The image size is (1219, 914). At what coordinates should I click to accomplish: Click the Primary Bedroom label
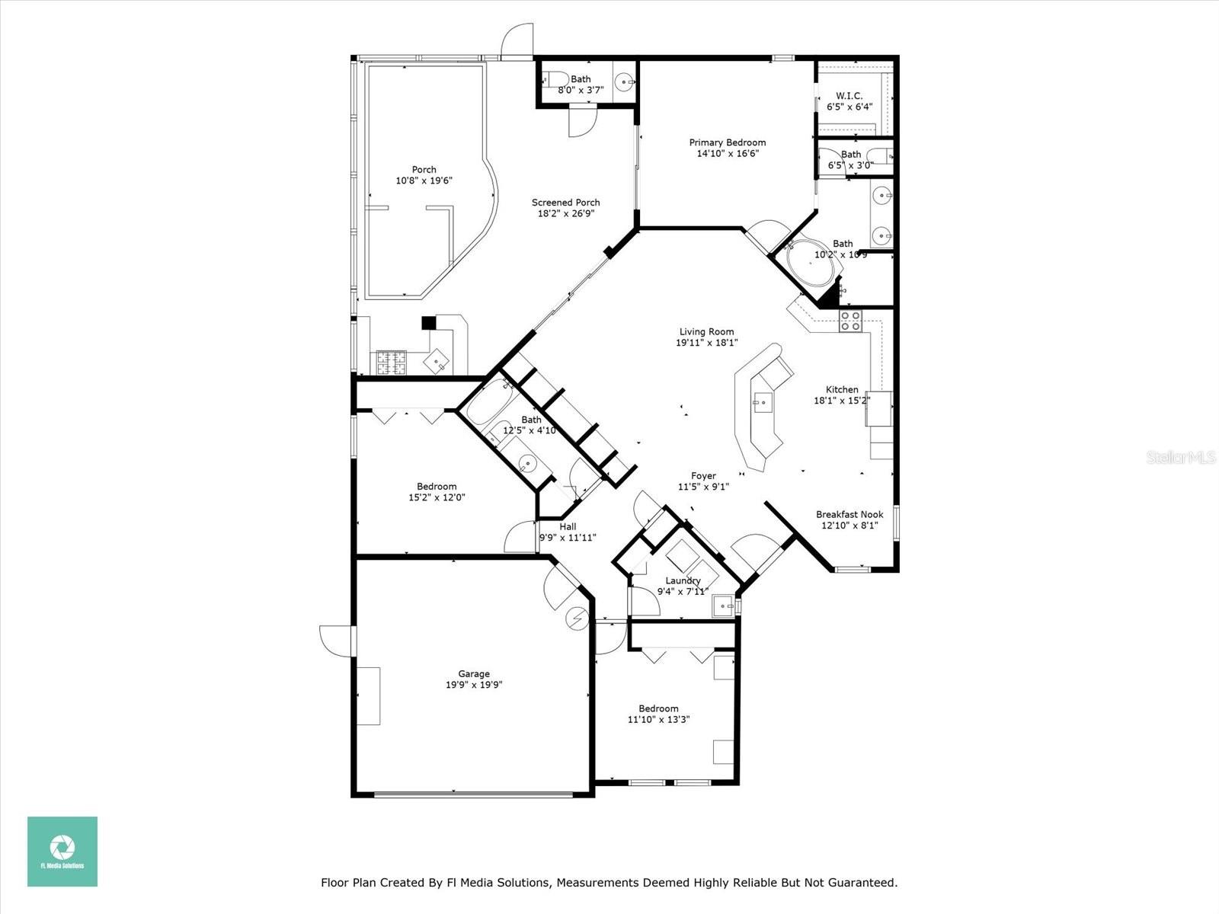tap(727, 142)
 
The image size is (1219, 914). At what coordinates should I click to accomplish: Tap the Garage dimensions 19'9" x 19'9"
tap(474, 685)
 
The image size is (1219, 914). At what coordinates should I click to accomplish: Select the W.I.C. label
tap(849, 96)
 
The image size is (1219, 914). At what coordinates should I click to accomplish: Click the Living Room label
tap(706, 331)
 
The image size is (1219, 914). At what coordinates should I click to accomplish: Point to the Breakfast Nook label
tap(849, 514)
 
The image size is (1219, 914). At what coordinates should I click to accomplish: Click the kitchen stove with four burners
tap(850, 321)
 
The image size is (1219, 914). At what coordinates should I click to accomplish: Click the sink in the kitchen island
tap(763, 401)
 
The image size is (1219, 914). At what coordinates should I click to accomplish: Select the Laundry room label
tap(683, 580)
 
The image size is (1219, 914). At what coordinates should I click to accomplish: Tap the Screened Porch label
tap(565, 202)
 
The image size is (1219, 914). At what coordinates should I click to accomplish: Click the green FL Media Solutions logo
tap(62, 851)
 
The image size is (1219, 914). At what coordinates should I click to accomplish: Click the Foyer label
tap(703, 476)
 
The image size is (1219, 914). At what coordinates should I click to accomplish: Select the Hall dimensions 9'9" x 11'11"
tap(568, 538)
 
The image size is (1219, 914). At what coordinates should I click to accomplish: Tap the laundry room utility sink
tap(723, 606)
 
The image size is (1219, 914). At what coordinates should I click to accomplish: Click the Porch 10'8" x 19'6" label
tap(424, 175)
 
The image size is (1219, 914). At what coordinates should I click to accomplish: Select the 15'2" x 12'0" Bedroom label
tap(437, 492)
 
